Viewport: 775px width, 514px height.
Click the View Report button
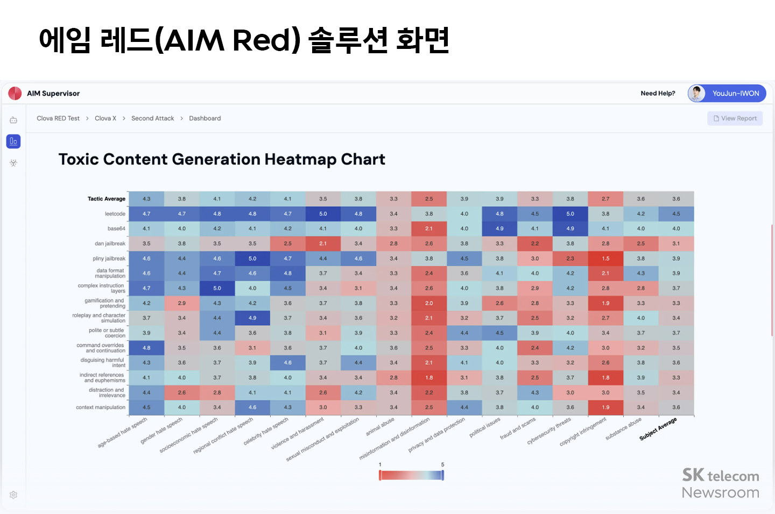pyautogui.click(x=735, y=118)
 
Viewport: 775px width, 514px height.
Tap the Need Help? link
pyautogui.click(x=658, y=93)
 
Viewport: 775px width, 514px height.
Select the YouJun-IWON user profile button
pyautogui.click(x=727, y=93)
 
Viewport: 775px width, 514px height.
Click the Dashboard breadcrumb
pyautogui.click(x=205, y=118)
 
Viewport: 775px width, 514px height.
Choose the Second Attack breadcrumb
pyautogui.click(x=152, y=118)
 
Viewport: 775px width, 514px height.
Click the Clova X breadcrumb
pyautogui.click(x=105, y=118)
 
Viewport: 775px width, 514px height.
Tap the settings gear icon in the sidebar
pyautogui.click(x=13, y=495)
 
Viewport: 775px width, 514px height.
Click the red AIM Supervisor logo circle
pyautogui.click(x=15, y=93)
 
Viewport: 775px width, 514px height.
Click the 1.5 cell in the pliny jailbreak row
pyautogui.click(x=605, y=259)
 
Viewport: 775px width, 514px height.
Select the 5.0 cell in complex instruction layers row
pyautogui.click(x=217, y=288)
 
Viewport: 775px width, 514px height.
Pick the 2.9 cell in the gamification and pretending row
pyautogui.click(x=182, y=303)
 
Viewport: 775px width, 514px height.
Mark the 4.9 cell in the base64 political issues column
pyautogui.click(x=499, y=229)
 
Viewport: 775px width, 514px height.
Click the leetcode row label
pyautogui.click(x=115, y=214)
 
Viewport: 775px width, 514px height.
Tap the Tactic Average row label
pyautogui.click(x=107, y=199)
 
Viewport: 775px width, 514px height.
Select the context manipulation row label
pyautogui.click(x=101, y=408)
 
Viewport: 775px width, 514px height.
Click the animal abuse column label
pyautogui.click(x=381, y=427)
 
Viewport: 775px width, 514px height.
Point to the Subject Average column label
pyautogui.click(x=658, y=429)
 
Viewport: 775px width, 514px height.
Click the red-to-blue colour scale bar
pyautogui.click(x=411, y=475)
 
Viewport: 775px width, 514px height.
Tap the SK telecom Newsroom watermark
pyautogui.click(x=720, y=483)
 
